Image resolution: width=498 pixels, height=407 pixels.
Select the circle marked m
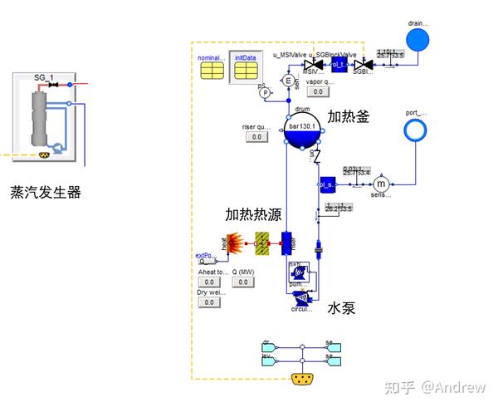click(382, 184)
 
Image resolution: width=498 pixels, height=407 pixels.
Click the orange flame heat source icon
click(237, 243)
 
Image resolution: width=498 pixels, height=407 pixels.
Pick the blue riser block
click(288, 243)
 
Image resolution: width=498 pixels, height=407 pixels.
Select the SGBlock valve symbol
click(362, 64)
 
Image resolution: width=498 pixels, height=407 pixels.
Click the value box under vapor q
click(318, 92)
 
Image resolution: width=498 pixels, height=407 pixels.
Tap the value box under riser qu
click(256, 137)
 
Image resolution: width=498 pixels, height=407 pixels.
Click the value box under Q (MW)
click(242, 282)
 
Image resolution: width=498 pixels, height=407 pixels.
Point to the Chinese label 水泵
click(340, 307)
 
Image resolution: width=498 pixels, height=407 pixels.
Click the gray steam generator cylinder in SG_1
click(37, 116)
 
